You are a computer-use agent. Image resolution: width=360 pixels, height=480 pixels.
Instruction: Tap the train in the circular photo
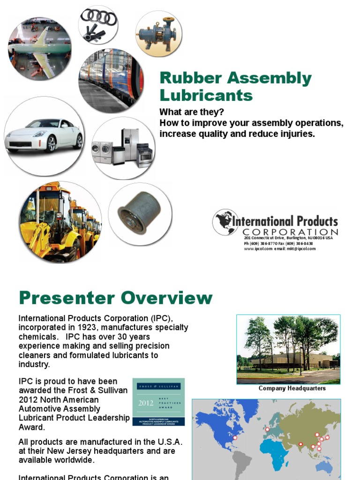point(111,80)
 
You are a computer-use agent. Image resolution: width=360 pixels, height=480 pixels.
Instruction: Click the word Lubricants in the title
point(206,95)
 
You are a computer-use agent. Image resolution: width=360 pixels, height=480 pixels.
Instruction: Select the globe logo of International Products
point(225,222)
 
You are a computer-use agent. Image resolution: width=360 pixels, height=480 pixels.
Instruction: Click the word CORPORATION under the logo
point(290,232)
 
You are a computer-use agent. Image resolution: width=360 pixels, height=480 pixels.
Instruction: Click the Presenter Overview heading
point(115,298)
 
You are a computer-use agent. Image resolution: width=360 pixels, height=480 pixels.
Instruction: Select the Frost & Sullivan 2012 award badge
point(158,402)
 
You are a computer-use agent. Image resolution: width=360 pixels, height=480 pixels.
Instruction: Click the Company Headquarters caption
point(292,388)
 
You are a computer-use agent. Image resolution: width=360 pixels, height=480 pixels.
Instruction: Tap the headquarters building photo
point(288,349)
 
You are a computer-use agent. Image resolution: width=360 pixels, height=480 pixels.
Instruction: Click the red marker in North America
point(235,439)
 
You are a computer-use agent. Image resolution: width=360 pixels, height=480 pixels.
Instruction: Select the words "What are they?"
point(192,112)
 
